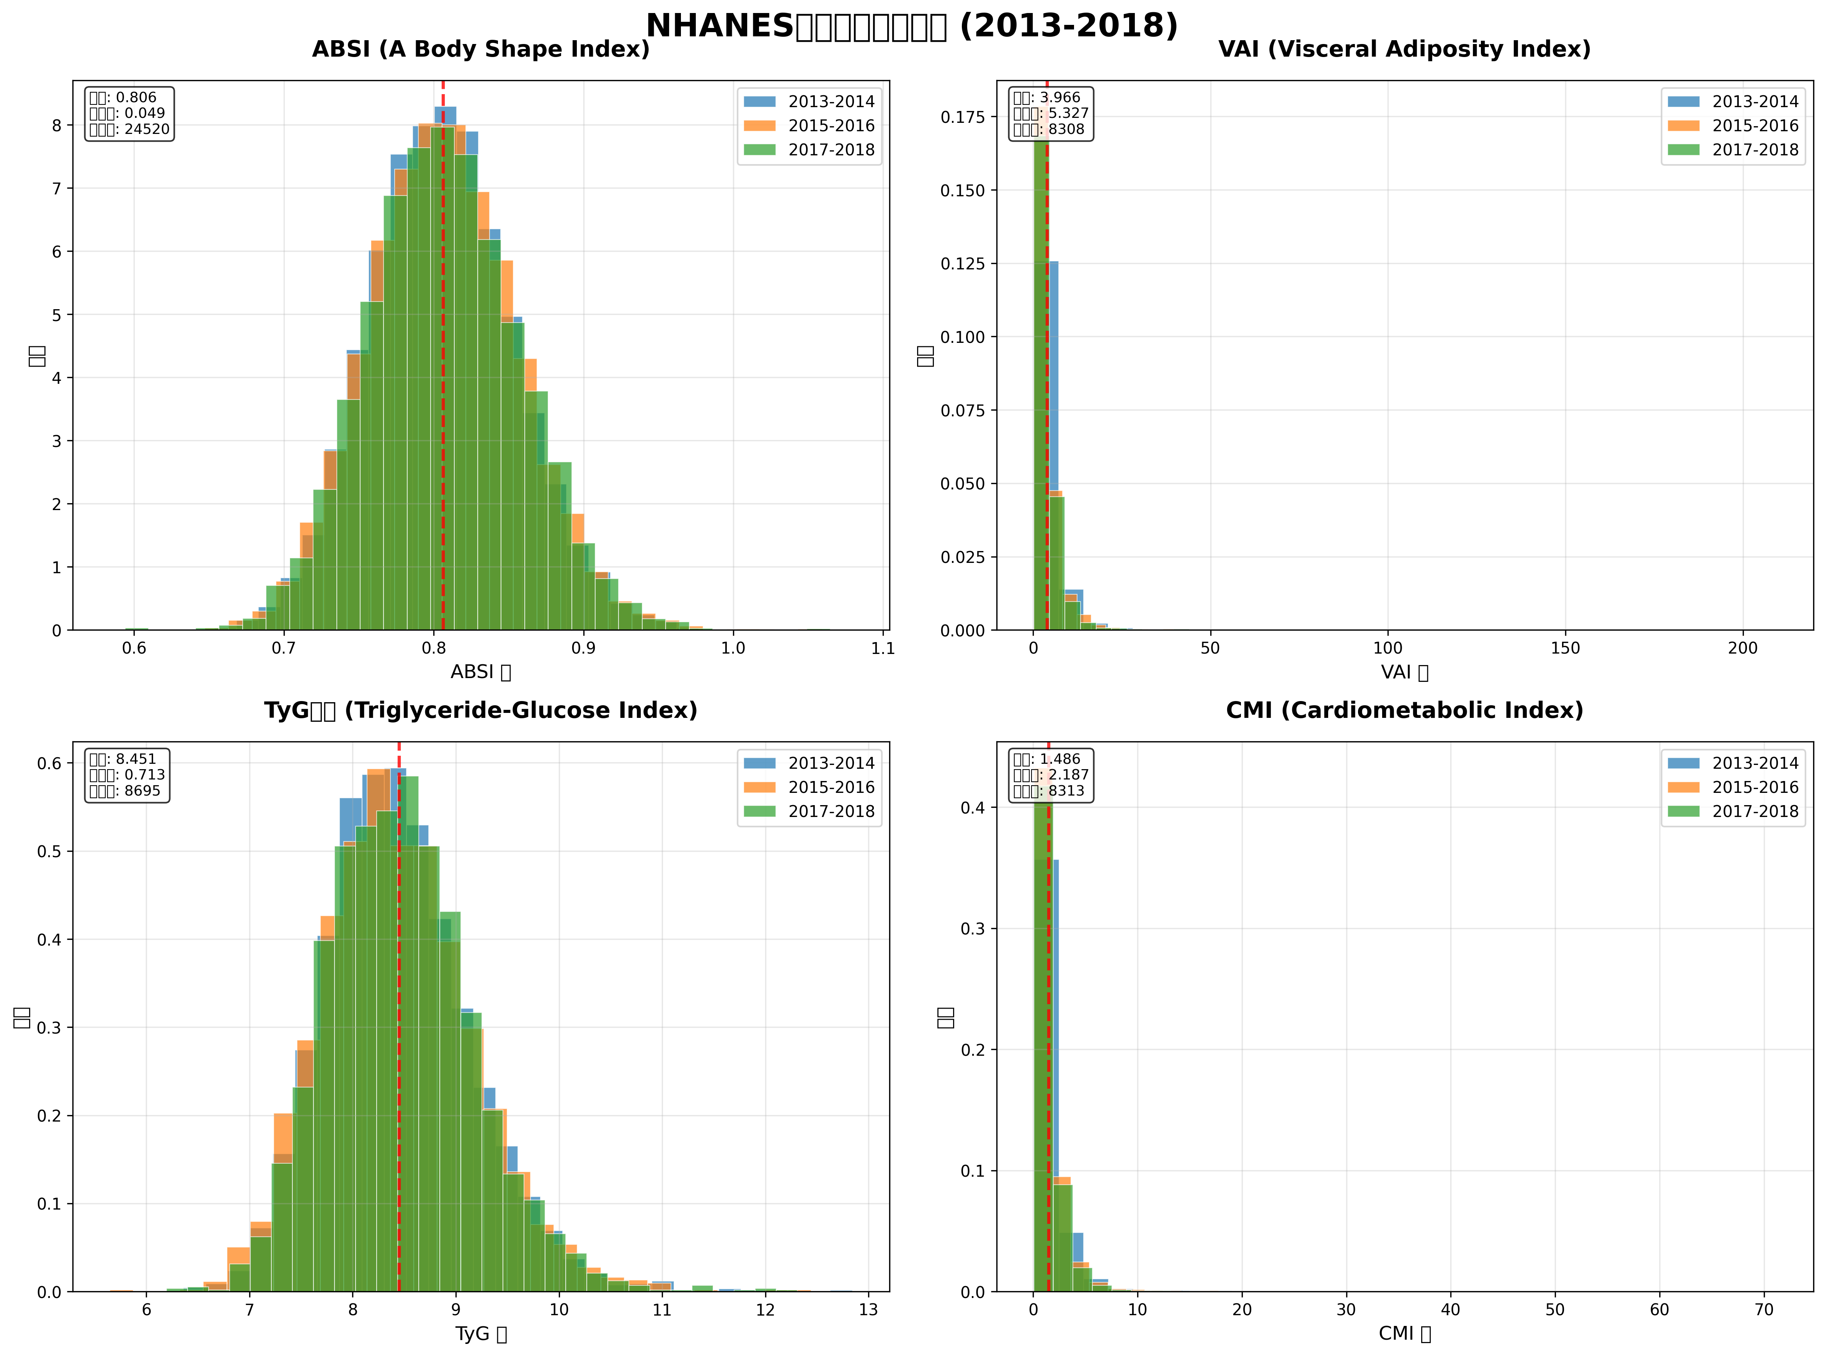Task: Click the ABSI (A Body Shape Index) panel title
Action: click(481, 49)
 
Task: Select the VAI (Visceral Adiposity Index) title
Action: click(1404, 49)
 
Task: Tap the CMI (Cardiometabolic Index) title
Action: click(1404, 710)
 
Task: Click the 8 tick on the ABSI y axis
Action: click(57, 126)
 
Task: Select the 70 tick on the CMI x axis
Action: click(1763, 1310)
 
